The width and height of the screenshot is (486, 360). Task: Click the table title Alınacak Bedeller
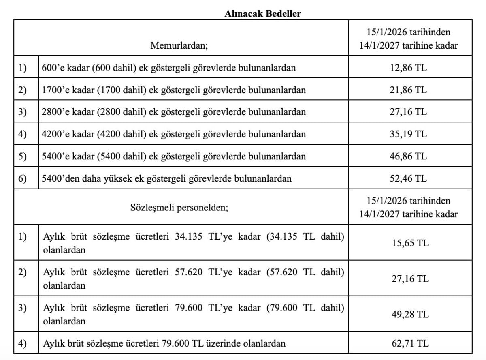tap(263, 13)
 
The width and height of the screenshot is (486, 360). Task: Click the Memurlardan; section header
tap(179, 45)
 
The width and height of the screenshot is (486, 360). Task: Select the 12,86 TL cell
tap(408, 67)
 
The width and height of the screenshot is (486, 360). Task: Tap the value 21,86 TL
tap(408, 90)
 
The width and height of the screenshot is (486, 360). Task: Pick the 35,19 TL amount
tap(408, 134)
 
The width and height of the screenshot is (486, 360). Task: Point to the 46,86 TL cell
tap(408, 156)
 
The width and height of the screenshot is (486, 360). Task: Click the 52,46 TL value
tap(408, 178)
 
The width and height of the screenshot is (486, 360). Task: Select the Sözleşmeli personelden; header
tap(179, 208)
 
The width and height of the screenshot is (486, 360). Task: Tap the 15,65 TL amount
tap(410, 243)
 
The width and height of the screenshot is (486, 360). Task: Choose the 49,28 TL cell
tap(410, 314)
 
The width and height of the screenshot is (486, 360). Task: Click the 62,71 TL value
tap(410, 344)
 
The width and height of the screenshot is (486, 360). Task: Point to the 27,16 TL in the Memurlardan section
tap(408, 111)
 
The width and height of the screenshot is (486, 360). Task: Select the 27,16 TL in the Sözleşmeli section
tap(410, 279)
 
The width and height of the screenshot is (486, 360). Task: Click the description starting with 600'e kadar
tap(168, 67)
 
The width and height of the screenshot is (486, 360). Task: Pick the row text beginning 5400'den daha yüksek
tap(166, 178)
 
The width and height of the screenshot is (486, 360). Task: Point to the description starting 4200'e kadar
tap(174, 134)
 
